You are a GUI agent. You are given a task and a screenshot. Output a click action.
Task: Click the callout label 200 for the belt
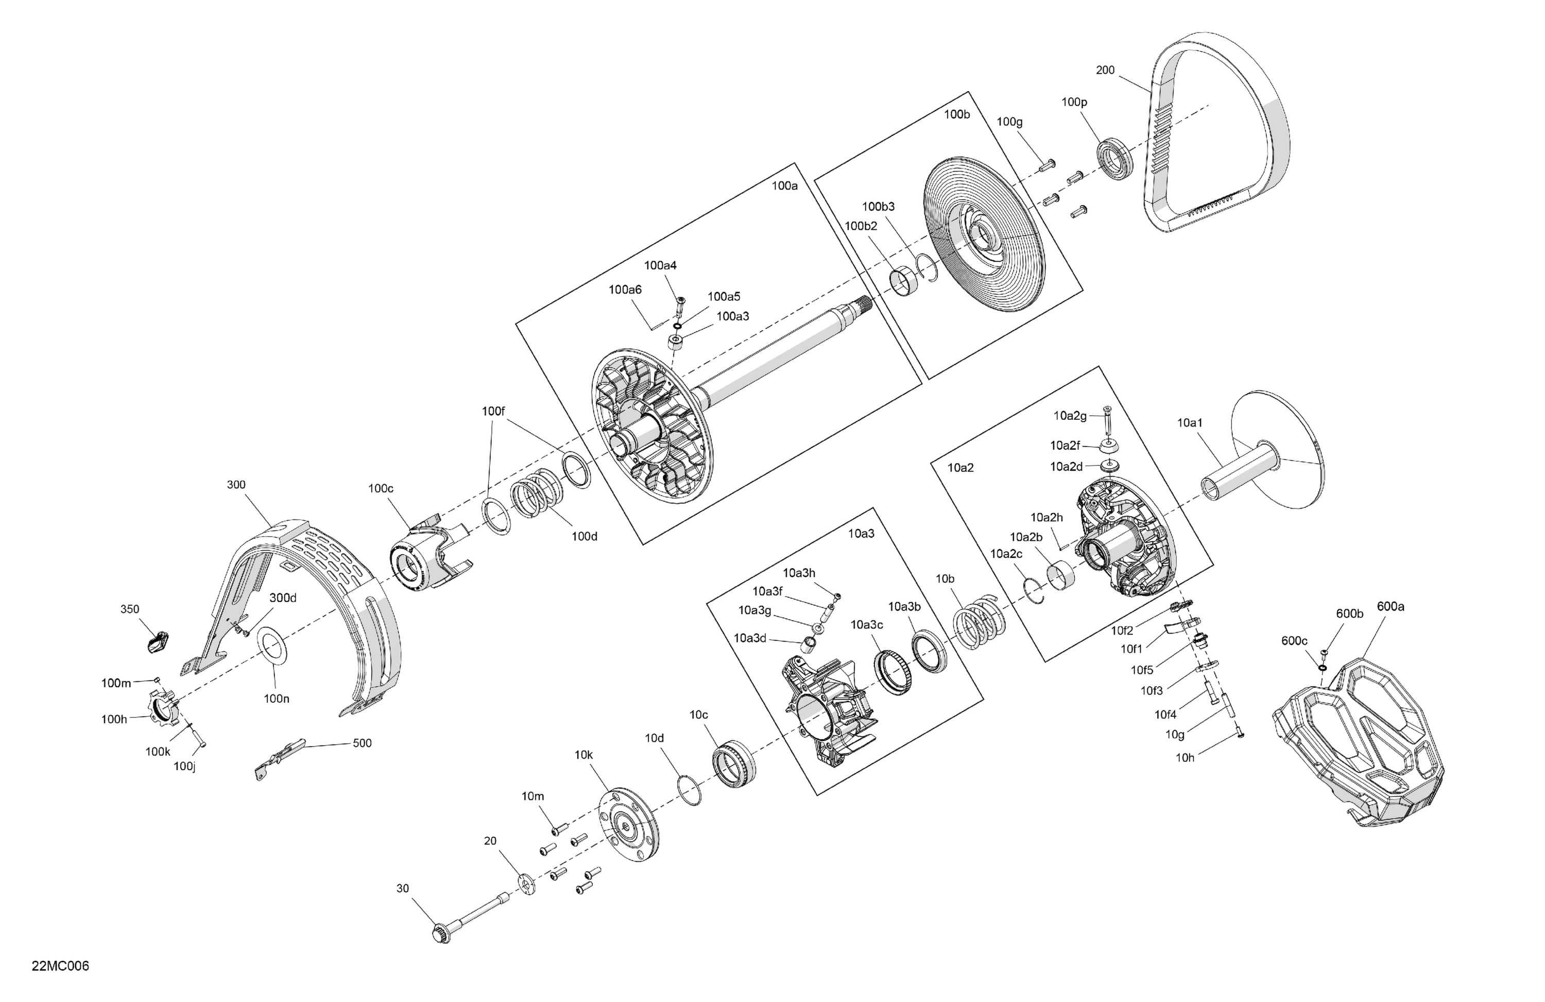click(1105, 70)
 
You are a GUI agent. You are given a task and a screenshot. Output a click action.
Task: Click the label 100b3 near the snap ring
click(878, 207)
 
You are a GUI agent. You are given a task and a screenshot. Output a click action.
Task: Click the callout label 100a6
click(625, 290)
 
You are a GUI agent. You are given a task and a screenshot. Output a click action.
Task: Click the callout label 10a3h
click(798, 573)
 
